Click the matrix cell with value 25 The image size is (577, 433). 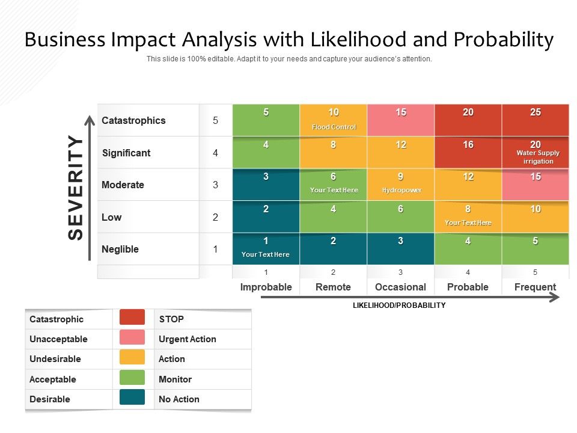click(x=535, y=119)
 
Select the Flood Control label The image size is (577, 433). click(x=334, y=127)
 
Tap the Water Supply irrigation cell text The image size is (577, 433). click(x=537, y=157)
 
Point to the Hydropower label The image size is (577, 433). click(x=401, y=190)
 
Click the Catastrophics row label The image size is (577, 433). click(x=133, y=120)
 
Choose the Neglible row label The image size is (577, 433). click(x=120, y=249)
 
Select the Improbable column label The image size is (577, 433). click(x=266, y=287)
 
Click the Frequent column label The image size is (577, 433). click(x=535, y=287)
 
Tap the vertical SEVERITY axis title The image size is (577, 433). click(x=75, y=187)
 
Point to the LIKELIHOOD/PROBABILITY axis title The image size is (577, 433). click(x=399, y=306)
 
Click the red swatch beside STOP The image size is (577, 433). click(x=132, y=317)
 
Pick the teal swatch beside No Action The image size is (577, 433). click(x=132, y=398)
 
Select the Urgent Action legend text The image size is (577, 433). click(x=187, y=339)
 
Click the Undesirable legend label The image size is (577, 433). click(x=55, y=359)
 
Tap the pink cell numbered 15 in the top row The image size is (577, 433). click(x=401, y=119)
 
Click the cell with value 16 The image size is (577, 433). click(x=468, y=152)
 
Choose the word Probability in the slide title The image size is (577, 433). click(x=504, y=40)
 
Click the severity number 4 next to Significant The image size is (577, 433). click(x=215, y=153)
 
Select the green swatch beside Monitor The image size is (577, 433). click(x=132, y=377)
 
